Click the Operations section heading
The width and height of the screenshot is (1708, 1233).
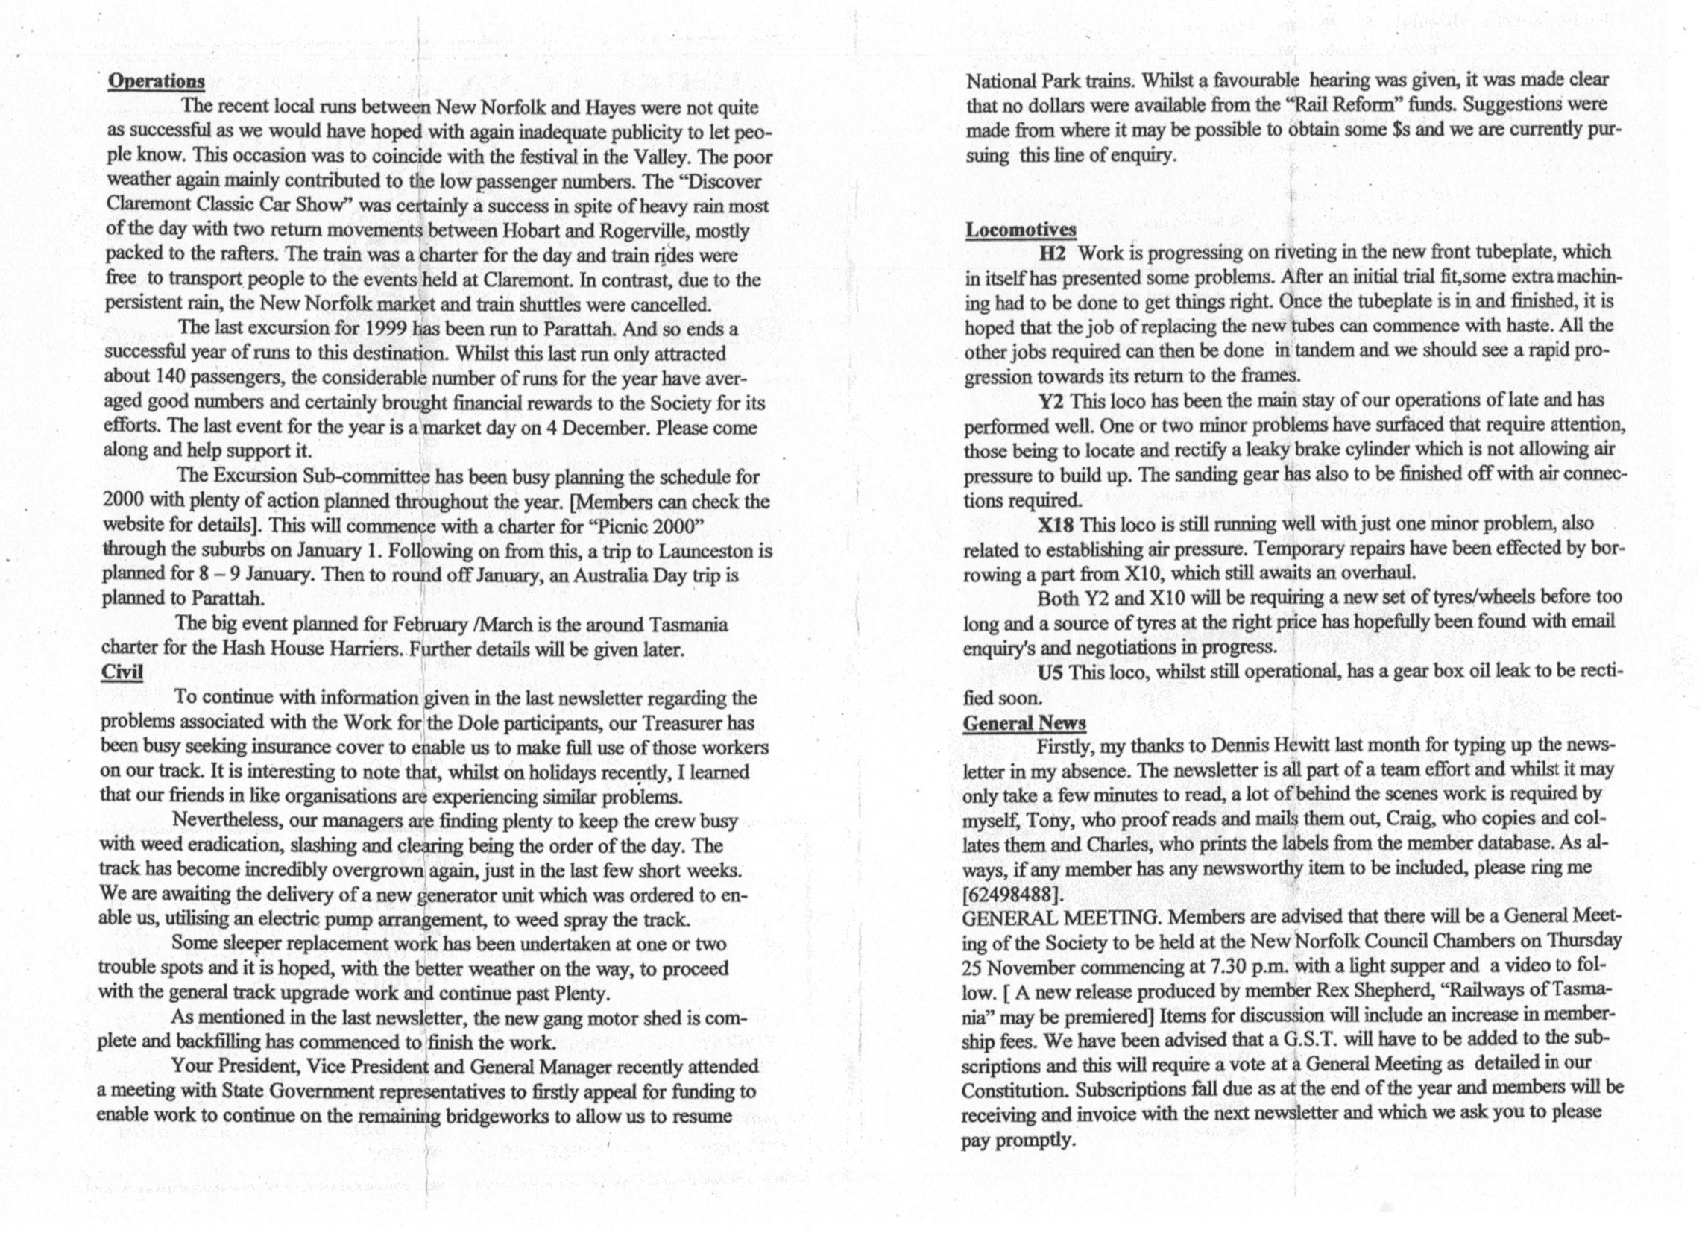point(156,81)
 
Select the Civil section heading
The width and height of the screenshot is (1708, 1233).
point(122,671)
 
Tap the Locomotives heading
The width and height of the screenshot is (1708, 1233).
point(1021,229)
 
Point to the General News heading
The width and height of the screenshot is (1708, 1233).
point(1024,723)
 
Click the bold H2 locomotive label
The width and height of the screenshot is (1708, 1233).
point(1053,253)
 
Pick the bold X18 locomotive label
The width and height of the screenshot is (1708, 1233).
point(1055,524)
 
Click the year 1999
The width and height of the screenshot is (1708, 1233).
point(386,329)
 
